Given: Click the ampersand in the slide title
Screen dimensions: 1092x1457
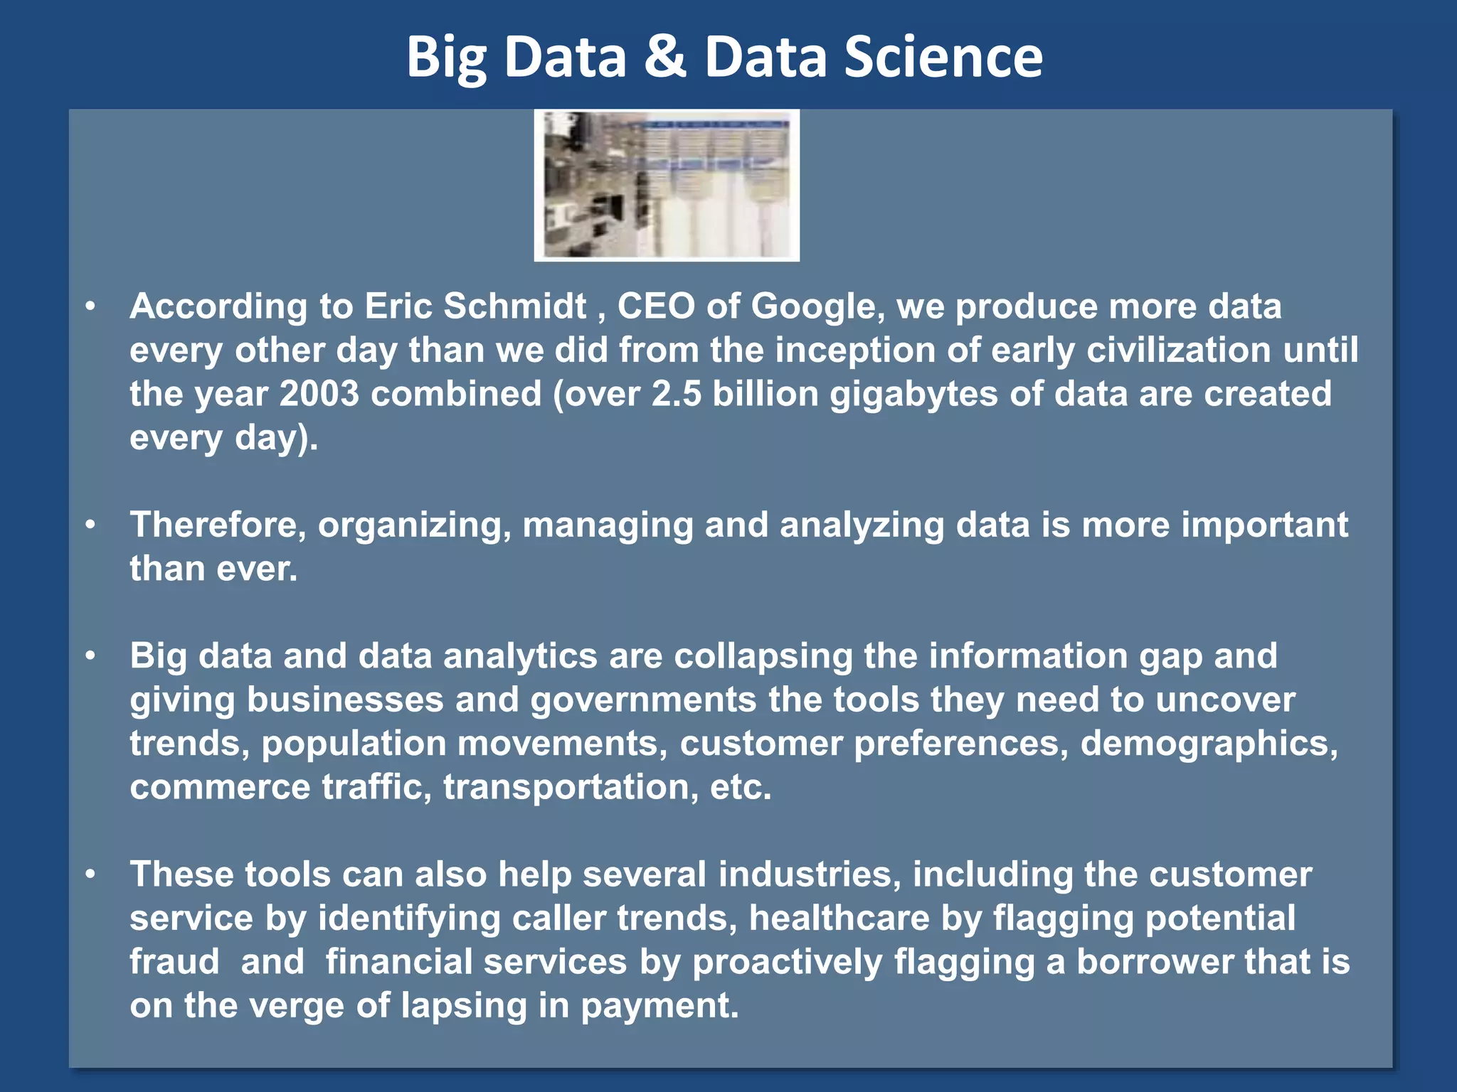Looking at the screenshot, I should point(664,57).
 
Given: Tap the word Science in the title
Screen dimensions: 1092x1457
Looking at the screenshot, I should point(943,57).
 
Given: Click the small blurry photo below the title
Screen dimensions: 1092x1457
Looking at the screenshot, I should point(667,185).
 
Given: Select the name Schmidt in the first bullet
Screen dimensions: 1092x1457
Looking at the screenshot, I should point(515,306).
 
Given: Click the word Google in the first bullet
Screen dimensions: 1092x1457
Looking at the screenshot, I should point(813,306).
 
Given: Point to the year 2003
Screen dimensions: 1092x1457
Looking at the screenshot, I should point(319,394).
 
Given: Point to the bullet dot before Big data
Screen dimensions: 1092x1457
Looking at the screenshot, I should point(90,655).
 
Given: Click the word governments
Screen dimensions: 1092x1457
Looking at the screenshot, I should point(643,700).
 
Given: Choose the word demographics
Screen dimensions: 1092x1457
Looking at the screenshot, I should point(1209,744).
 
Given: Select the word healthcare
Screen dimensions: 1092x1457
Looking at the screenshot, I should point(839,919).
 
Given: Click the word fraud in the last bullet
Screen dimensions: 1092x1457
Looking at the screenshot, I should point(174,962).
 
